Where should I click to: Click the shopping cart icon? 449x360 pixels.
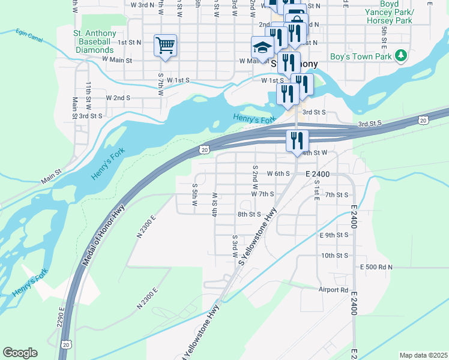(x=165, y=45)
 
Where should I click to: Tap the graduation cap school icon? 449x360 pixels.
(x=262, y=46)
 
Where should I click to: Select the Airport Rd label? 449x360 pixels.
(x=333, y=289)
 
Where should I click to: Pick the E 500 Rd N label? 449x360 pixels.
(x=376, y=266)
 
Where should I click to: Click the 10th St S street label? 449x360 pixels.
(x=335, y=256)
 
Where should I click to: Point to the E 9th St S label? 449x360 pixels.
(x=334, y=235)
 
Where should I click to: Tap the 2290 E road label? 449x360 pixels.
(x=61, y=317)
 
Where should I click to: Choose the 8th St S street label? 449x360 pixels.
(x=249, y=214)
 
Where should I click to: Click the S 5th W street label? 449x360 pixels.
(x=195, y=195)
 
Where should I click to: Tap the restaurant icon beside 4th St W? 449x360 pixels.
(x=297, y=141)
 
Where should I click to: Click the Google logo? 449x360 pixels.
(x=20, y=353)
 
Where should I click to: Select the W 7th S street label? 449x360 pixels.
(x=262, y=194)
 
